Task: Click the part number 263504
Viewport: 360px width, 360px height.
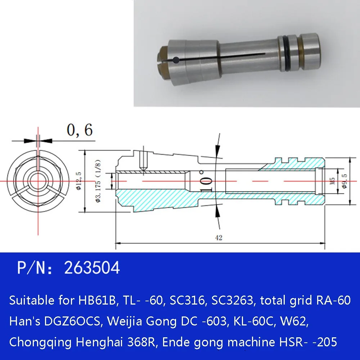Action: pos(91,268)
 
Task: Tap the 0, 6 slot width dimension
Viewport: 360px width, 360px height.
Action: pos(79,130)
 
